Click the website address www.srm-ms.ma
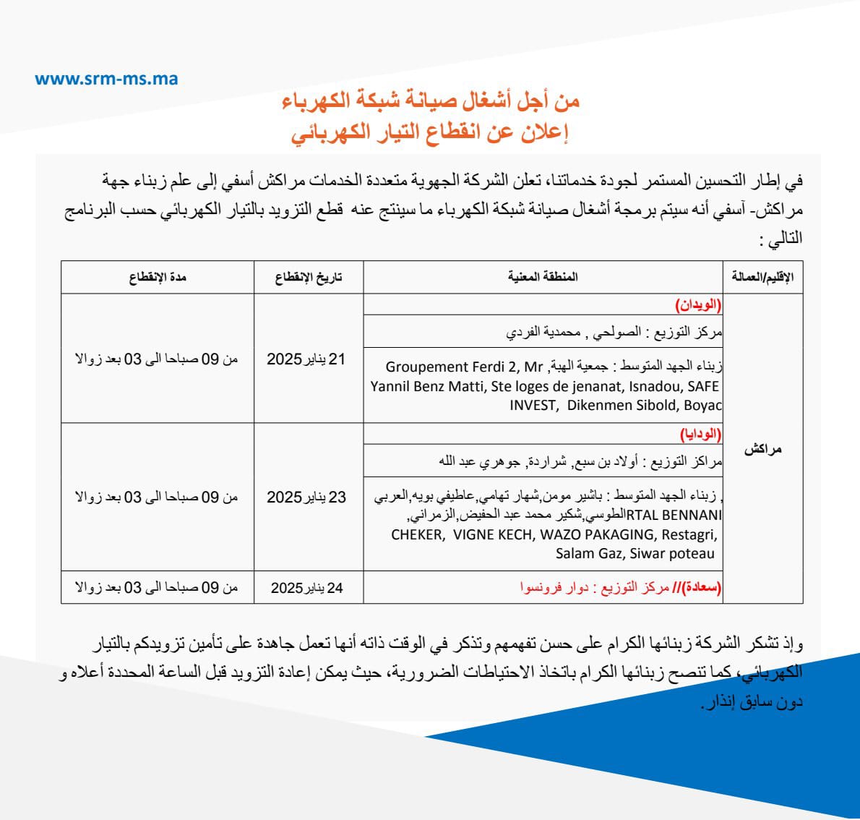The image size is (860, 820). point(106,79)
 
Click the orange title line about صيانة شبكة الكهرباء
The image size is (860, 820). point(431,101)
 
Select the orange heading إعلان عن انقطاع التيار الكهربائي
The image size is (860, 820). point(431,133)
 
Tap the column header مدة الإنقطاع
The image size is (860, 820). point(158,277)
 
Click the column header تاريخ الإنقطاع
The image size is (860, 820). point(308,277)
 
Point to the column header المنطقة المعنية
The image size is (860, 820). point(543,277)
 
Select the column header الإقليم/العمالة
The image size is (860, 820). point(762,277)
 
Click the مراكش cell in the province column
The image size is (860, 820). point(762,449)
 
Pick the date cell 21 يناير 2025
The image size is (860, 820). point(306,359)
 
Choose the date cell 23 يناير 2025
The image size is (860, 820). point(306,497)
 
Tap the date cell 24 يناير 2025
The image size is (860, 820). point(306,588)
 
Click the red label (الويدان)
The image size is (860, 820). point(698,305)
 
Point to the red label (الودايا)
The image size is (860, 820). point(700,435)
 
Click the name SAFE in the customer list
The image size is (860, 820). point(703,386)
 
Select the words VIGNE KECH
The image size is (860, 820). point(493,534)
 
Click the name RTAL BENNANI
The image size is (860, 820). point(674,516)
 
